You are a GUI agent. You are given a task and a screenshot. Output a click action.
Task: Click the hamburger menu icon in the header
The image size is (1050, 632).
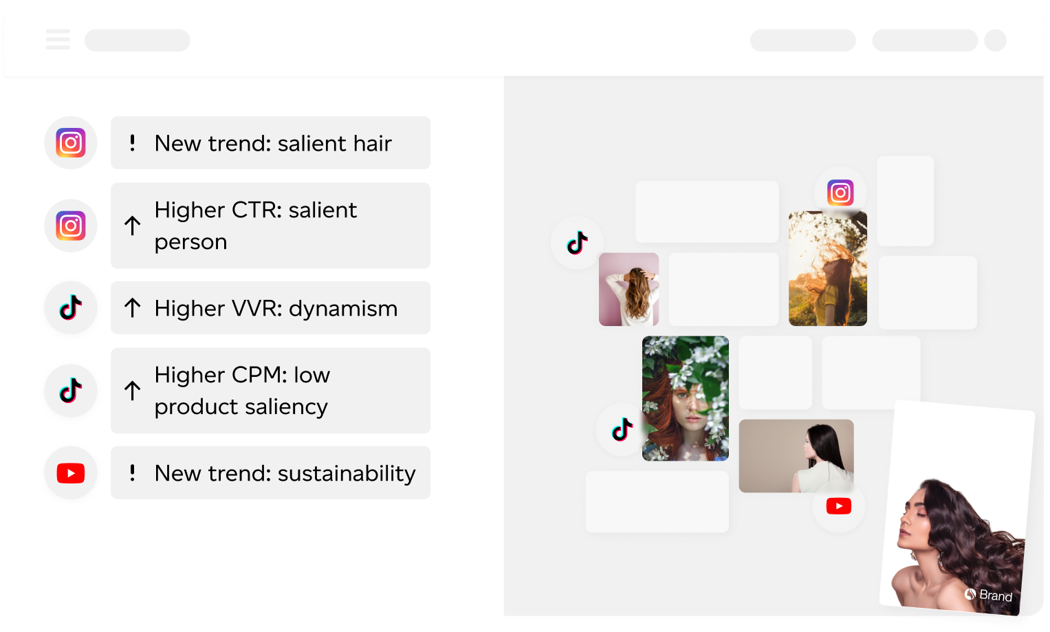point(58,39)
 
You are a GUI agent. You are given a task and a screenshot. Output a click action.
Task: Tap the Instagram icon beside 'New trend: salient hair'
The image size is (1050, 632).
point(71,142)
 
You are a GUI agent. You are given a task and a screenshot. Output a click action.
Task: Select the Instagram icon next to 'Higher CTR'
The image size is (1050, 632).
point(71,226)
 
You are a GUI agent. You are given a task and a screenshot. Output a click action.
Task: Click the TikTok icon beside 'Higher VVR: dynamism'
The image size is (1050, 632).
point(71,307)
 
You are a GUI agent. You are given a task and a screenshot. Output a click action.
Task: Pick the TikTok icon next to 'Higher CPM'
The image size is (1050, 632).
point(71,391)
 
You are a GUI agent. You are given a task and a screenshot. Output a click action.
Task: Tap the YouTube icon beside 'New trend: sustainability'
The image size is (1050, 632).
point(71,473)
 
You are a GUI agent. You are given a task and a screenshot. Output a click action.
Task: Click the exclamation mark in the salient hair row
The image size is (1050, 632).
point(133,143)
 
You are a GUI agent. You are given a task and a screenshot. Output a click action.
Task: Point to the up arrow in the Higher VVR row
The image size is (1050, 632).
point(133,308)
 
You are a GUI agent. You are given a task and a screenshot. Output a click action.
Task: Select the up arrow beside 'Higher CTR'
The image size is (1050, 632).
point(133,226)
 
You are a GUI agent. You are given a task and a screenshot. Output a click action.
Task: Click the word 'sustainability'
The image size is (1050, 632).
point(347,474)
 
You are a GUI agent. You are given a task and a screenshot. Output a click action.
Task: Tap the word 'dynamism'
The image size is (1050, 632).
point(343,309)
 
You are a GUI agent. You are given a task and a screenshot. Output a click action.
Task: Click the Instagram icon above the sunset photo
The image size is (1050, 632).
point(840,193)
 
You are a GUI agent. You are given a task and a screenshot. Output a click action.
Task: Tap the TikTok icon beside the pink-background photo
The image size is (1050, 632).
point(577,242)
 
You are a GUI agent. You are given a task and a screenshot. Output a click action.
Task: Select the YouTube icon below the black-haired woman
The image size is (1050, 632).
point(839,506)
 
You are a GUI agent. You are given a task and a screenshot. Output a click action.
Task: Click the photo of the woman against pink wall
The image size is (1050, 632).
point(628,290)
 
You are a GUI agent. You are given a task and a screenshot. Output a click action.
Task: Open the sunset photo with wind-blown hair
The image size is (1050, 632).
point(827,269)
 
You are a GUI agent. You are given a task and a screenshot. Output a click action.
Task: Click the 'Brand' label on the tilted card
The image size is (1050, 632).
point(995,596)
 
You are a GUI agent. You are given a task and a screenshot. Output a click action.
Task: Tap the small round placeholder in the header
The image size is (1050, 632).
point(995,40)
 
